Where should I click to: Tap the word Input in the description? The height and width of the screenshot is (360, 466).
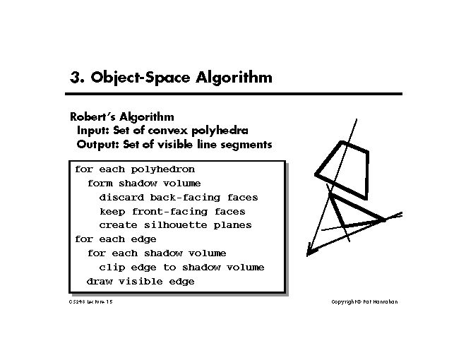point(94,131)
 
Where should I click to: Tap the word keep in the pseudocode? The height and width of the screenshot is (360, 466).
point(112,212)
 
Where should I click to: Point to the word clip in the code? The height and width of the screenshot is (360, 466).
point(112,268)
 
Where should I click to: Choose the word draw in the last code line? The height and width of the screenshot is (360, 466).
point(100,282)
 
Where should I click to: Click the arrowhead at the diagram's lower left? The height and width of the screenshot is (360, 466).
point(309,249)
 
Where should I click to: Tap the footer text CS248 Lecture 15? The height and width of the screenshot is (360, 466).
point(91,302)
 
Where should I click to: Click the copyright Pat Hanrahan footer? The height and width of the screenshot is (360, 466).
point(364,302)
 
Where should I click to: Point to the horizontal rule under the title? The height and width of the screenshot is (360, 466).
point(235,94)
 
